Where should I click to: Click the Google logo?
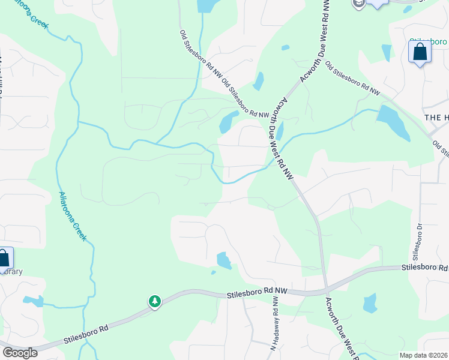(19, 353)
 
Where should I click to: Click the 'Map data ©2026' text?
(423, 355)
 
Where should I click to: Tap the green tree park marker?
(155, 301)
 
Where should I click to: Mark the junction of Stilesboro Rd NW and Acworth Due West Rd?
(325, 290)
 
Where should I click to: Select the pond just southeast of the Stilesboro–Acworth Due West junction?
(370, 303)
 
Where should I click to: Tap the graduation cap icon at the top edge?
(359, 3)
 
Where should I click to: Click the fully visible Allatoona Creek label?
(73, 215)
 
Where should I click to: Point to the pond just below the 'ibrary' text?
(32, 301)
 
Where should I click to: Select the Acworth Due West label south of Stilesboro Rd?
(343, 328)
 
